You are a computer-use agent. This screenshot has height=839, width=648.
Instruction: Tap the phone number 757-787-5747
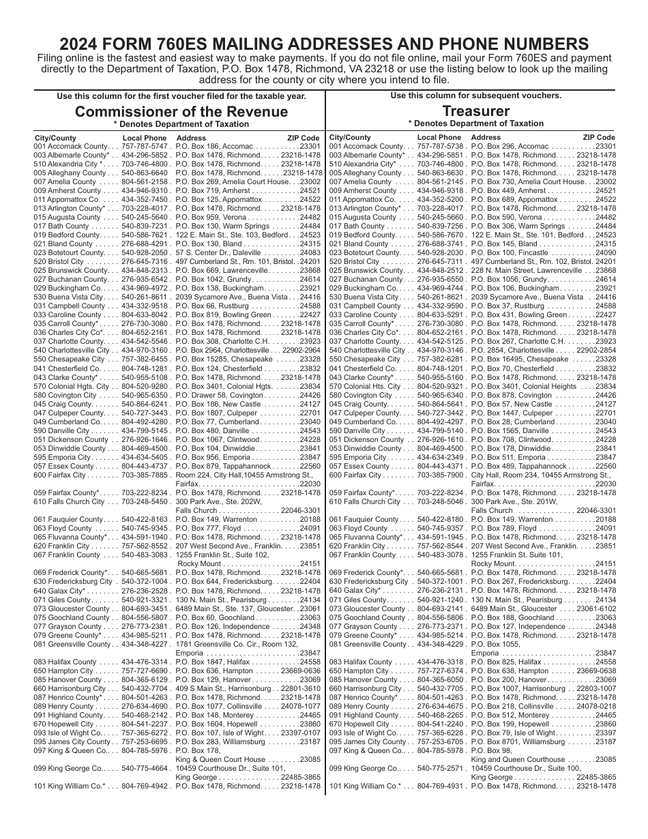(x=145, y=147)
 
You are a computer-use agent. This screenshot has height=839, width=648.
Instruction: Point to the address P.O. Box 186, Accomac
(x=216, y=147)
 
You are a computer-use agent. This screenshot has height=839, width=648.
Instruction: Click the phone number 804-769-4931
(x=440, y=786)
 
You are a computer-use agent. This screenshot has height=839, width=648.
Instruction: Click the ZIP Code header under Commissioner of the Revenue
(x=304, y=138)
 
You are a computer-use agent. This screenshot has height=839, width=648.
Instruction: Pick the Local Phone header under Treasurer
(x=439, y=138)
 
